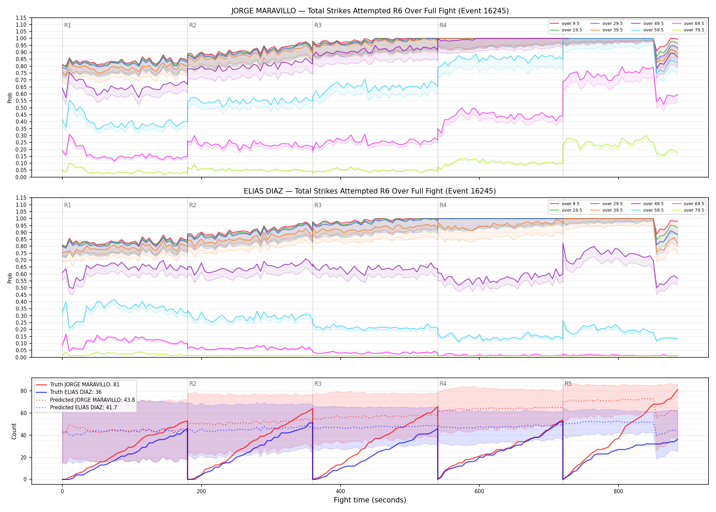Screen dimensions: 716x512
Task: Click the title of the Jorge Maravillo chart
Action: coord(370,11)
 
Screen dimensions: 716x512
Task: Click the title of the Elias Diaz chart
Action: coord(370,191)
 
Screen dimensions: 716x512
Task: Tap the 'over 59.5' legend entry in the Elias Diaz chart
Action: coord(647,210)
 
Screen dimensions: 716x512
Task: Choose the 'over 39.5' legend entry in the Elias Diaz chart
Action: coord(607,210)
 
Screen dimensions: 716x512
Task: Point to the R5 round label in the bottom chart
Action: coord(568,384)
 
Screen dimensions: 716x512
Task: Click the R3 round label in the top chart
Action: coord(318,25)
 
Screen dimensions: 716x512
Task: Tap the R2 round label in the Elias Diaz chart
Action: coord(193,205)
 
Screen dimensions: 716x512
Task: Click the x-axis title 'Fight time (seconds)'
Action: coord(370,500)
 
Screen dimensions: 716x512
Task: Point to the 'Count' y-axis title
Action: coord(14,431)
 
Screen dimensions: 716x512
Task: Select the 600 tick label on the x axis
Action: coord(479,492)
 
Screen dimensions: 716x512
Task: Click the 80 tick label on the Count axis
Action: coord(24,391)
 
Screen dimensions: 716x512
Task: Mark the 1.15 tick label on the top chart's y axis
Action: coord(21,18)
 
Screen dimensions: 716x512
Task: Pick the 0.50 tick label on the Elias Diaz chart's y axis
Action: coord(21,288)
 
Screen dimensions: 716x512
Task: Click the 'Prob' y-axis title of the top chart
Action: coord(10,98)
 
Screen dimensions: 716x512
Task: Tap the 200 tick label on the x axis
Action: coord(201,492)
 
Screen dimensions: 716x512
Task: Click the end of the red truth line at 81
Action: coord(677,390)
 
